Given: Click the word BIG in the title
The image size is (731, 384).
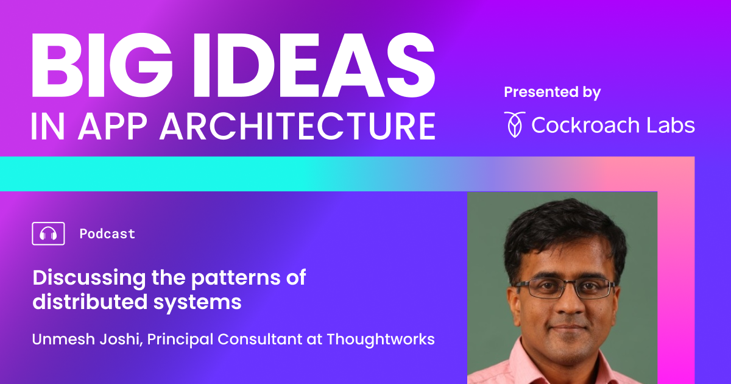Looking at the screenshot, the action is (x=102, y=65).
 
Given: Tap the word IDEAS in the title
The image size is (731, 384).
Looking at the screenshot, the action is (x=314, y=65).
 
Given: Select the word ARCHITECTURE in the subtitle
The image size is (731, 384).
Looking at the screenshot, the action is (x=298, y=126).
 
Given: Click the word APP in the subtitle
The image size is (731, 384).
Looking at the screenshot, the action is (x=112, y=126).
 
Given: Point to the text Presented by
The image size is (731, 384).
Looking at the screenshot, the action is (x=552, y=92).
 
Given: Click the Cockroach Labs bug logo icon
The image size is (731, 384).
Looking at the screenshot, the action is (x=515, y=124).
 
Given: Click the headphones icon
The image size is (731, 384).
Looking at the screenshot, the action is (x=48, y=233).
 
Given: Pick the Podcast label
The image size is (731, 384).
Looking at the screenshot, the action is (x=107, y=234).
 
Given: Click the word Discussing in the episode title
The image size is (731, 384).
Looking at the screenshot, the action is (x=89, y=279).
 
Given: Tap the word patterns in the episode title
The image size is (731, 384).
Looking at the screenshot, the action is (x=236, y=279).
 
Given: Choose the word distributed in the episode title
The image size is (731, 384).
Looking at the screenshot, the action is (x=90, y=301).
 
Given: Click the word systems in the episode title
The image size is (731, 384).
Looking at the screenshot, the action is (x=197, y=303).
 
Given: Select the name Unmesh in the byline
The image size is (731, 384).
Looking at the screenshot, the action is (x=63, y=339).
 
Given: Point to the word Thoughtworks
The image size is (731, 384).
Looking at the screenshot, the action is (x=381, y=339).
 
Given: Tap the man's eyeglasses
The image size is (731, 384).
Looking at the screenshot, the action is (x=565, y=288).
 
